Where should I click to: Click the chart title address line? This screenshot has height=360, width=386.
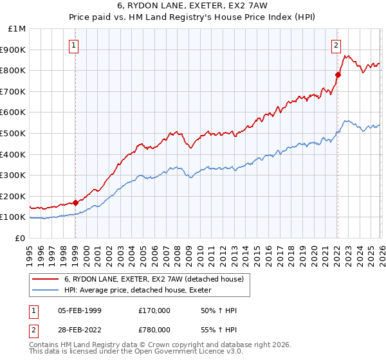(192, 6)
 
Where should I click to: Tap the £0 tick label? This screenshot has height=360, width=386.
(20, 238)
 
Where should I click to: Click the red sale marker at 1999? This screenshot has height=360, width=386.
(75, 203)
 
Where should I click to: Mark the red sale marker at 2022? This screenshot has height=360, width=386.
(338, 75)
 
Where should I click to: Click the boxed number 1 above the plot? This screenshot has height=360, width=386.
(75, 45)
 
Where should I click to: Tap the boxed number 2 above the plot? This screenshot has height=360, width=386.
(336, 45)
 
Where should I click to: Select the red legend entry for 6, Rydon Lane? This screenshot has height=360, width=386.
(153, 279)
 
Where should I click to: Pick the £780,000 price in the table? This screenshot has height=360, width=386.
(154, 329)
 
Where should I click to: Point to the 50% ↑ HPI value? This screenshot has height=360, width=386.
(219, 310)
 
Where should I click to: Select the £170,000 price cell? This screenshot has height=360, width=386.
(154, 310)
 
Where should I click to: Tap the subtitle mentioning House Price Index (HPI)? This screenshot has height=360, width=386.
(192, 17)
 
